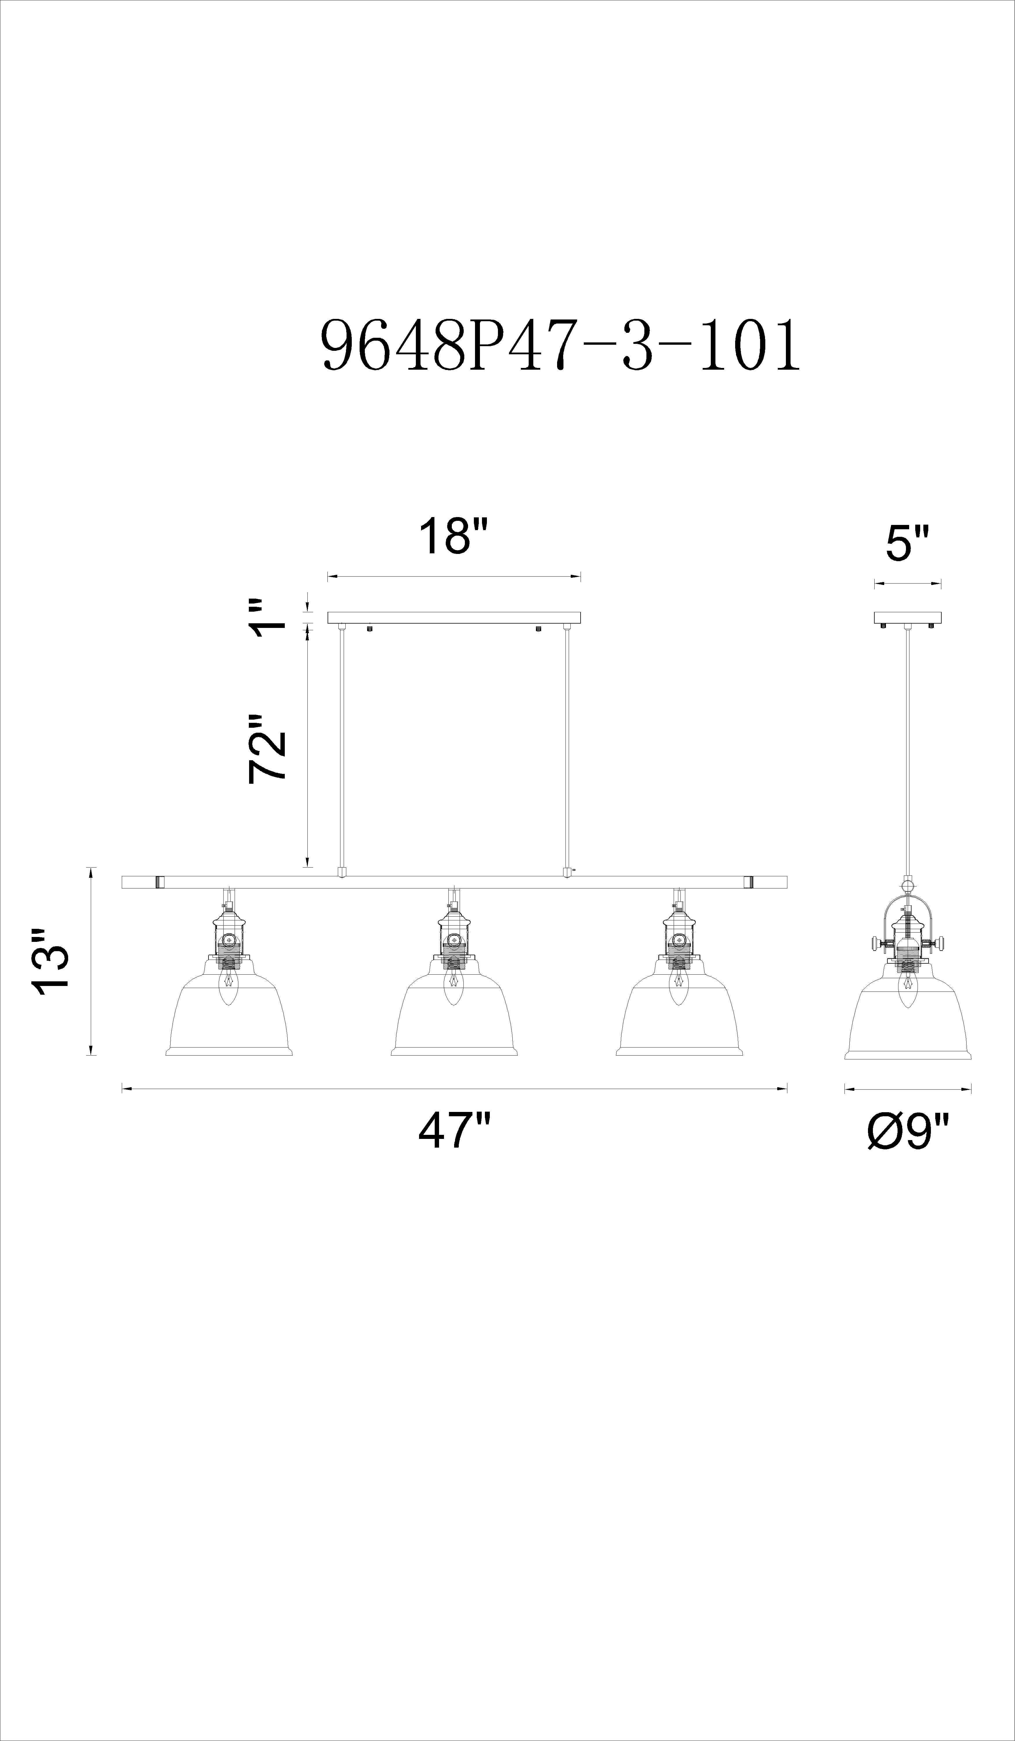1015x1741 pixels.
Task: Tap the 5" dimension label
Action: coord(907,543)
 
